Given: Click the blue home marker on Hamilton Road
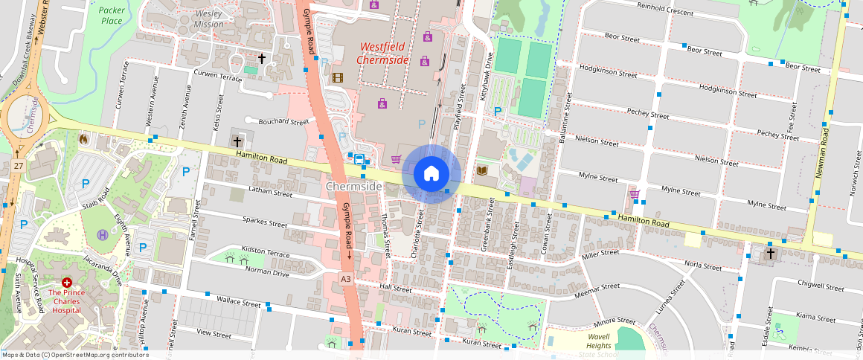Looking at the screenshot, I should point(431,174).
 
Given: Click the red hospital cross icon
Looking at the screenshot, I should point(66,283).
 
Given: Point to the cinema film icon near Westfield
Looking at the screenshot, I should point(338,77).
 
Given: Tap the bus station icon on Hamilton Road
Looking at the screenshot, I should point(359,158).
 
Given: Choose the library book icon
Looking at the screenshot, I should point(481,171).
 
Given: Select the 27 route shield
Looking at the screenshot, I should point(16,165).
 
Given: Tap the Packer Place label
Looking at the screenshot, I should point(111,15).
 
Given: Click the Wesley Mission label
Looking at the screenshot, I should point(208,19).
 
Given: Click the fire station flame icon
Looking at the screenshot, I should point(83,138).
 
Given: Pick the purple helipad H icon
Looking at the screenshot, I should point(102,235).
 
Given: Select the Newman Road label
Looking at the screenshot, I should point(822,155).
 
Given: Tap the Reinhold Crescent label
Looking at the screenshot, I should point(663,12).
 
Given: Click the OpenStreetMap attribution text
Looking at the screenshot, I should point(75,355).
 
